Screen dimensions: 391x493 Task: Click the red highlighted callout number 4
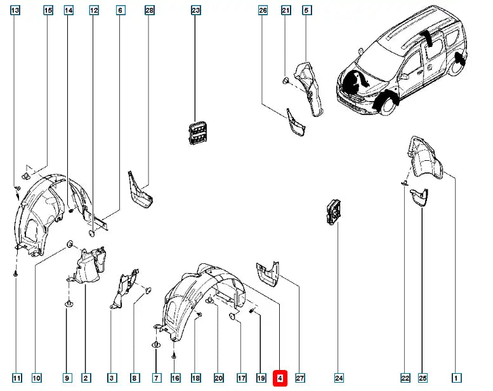(280, 378)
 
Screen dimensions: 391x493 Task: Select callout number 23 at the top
(195, 10)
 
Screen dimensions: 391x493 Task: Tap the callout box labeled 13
(15, 10)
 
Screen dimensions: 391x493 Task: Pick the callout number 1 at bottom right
(455, 378)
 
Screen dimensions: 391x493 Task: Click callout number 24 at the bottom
(339, 378)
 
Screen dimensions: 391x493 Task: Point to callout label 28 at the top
(150, 10)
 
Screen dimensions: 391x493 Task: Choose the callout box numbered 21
(286, 10)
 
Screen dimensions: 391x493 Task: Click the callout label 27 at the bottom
(300, 378)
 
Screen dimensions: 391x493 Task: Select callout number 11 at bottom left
(17, 378)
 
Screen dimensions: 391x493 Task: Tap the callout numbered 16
(176, 378)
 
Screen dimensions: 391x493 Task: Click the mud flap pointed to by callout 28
(140, 189)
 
